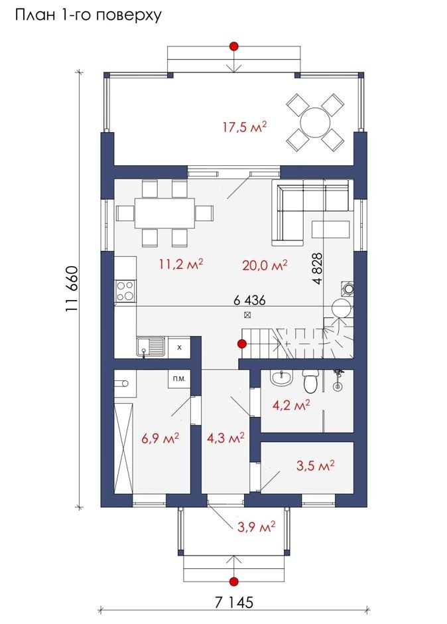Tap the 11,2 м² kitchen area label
tap(181, 264)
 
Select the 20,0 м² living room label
tap(265, 265)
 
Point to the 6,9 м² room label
tap(160, 438)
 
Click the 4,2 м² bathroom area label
tap(292, 406)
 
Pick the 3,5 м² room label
tap(316, 465)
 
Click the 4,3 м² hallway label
tap(225, 438)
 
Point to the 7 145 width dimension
tap(234, 602)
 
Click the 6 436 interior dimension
tap(249, 300)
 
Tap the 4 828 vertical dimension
tap(318, 269)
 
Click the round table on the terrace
tap(316, 123)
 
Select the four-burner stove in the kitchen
tap(125, 291)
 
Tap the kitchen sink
tap(151, 347)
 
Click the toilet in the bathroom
tap(310, 381)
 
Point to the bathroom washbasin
tap(282, 378)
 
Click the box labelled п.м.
tap(179, 379)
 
